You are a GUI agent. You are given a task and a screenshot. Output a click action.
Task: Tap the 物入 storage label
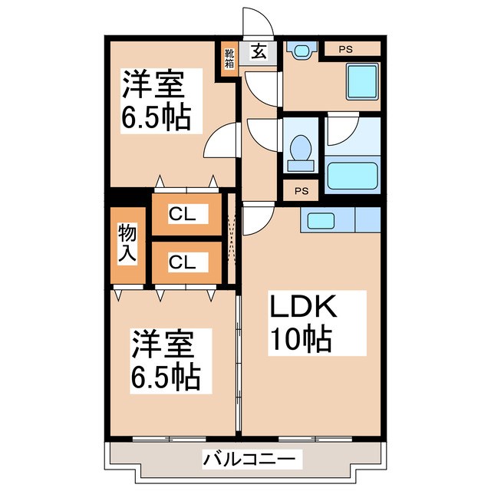127,245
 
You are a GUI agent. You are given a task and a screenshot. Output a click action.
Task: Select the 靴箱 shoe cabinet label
229,58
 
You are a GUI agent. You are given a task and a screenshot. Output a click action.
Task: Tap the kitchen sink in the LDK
326,220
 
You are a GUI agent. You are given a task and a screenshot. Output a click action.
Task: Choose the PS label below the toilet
301,190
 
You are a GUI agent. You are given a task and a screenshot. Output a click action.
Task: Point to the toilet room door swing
261,133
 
